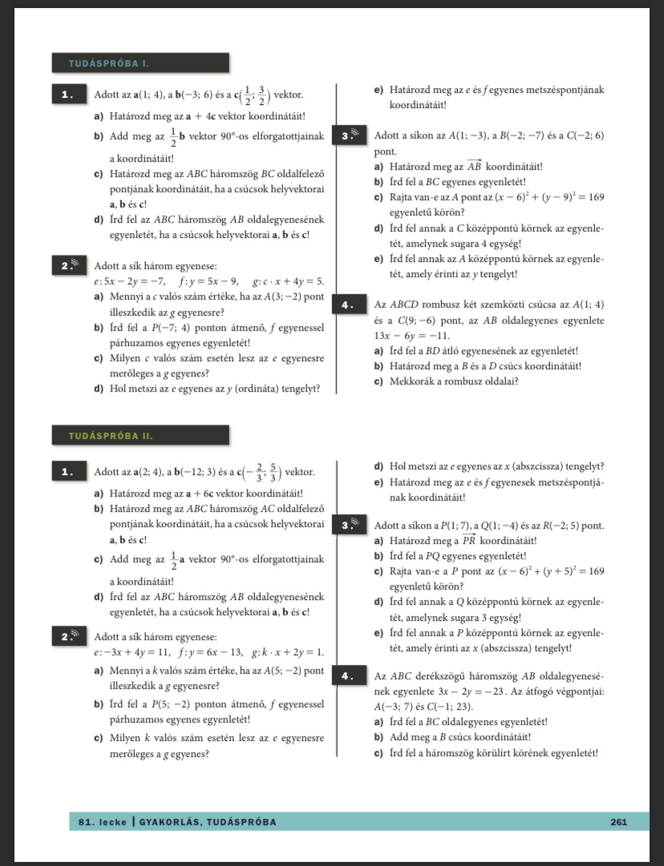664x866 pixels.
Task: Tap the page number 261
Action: pos(618,822)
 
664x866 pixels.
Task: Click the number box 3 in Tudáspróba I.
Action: pos(352,135)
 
